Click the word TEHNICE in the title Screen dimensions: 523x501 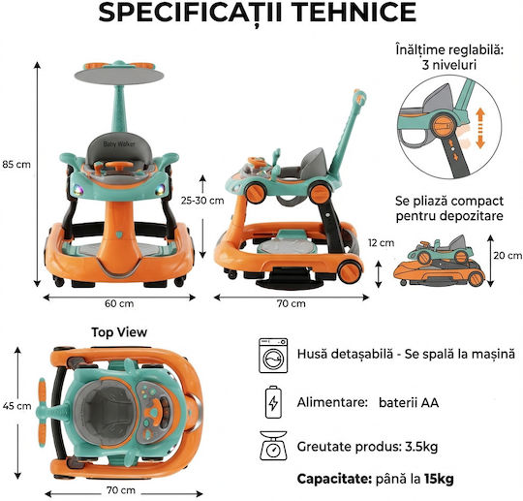click(355, 13)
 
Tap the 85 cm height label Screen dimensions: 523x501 click(16, 165)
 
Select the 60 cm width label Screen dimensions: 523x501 click(119, 303)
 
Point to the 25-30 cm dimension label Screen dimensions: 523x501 click(202, 201)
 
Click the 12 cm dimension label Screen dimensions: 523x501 click(382, 243)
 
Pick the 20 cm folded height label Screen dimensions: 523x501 click(508, 256)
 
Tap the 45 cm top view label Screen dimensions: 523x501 click(17, 406)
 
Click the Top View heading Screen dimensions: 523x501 click(119, 332)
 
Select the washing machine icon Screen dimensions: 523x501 click(273, 356)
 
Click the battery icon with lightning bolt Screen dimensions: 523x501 click(273, 402)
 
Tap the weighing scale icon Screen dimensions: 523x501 click(273, 446)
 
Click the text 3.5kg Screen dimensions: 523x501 click(421, 447)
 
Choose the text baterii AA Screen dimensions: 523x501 click(409, 402)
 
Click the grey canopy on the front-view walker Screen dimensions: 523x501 click(119, 77)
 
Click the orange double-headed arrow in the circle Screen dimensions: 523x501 click(480, 128)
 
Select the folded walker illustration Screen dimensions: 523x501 click(439, 261)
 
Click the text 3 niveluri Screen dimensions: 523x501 click(449, 65)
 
